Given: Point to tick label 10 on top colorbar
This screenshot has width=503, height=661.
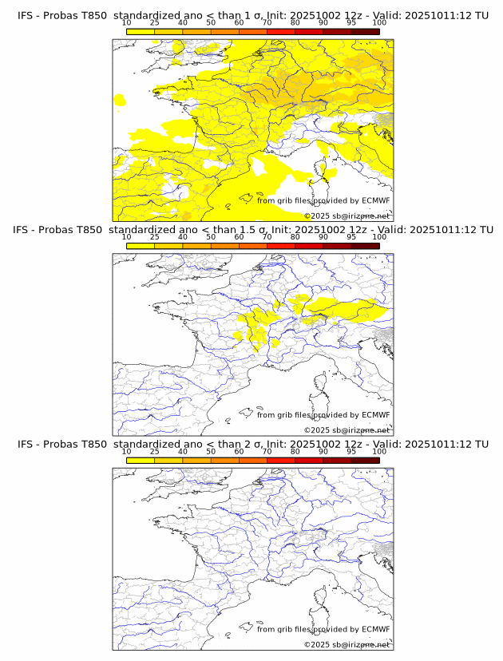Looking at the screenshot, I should click(x=126, y=23).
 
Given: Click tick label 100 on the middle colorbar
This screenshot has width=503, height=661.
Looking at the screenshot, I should click(x=378, y=237).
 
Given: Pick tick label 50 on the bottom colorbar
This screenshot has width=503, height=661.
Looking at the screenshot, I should click(x=211, y=451).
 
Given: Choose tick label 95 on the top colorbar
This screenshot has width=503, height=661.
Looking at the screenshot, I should click(x=351, y=23).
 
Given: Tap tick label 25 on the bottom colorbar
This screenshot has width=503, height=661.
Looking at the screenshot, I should click(x=155, y=451).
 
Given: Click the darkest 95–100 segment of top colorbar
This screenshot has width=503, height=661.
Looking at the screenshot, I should click(x=365, y=31).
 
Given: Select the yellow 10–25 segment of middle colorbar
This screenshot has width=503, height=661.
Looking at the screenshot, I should click(x=141, y=245).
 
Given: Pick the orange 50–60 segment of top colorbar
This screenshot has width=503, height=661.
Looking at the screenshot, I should click(x=224, y=31).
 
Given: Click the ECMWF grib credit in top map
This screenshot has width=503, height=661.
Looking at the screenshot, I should click(x=323, y=201).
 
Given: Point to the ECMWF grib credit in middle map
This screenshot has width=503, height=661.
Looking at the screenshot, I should click(x=323, y=415).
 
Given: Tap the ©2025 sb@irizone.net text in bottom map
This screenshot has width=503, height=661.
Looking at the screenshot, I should click(x=347, y=644).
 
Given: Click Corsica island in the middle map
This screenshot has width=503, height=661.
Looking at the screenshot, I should click(x=323, y=385).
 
